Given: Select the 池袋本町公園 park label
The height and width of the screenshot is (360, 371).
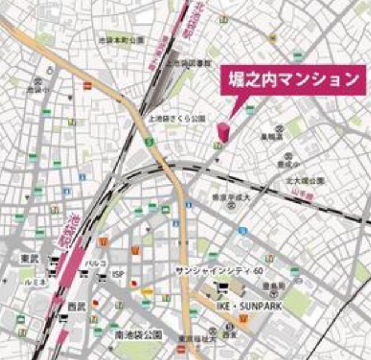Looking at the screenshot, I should coord(122,41).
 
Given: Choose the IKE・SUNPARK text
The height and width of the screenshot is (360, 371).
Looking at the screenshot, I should coord(249,306).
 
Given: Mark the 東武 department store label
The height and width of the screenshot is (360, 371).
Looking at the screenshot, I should coord(29,258).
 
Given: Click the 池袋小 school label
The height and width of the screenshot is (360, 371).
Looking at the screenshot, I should coord(35,90).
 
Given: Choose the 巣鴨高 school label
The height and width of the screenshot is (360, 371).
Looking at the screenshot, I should coord(272,136).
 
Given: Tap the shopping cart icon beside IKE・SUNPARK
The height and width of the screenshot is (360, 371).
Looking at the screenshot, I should coord(222,288).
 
